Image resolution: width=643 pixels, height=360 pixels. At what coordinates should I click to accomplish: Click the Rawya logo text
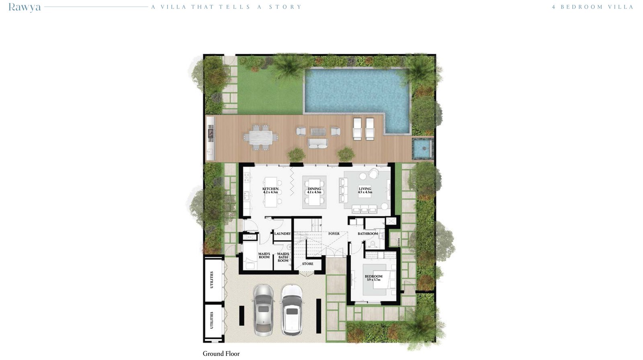tap(25, 7)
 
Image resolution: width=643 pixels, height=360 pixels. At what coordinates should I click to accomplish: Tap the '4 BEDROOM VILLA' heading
tap(592, 7)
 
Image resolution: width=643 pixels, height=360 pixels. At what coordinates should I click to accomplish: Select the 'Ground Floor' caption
tap(221, 354)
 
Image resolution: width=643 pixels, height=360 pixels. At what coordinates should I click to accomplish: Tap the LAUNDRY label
tap(283, 234)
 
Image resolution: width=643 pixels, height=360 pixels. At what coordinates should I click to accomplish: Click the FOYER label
tap(334, 234)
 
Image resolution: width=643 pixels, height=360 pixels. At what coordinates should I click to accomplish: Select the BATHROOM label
tap(368, 234)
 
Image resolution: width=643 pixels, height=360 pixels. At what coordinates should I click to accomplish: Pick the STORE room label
tap(308, 264)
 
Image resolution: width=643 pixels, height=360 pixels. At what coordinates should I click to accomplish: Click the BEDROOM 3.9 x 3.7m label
tap(373, 278)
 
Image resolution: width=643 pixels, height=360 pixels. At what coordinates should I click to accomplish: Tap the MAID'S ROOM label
tap(264, 256)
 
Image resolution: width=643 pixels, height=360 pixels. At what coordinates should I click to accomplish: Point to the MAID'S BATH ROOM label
tap(283, 257)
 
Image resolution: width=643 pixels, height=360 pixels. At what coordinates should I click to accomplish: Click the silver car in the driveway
tap(263, 310)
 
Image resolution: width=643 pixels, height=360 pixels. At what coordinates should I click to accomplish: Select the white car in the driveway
tap(292, 310)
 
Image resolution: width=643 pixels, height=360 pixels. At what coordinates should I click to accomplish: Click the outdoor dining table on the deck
tap(261, 137)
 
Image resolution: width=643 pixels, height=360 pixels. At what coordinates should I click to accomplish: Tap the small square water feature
tap(422, 148)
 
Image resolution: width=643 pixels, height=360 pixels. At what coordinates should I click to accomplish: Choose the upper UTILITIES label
tap(212, 280)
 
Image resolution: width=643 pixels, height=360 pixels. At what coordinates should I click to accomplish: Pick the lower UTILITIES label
tap(212, 320)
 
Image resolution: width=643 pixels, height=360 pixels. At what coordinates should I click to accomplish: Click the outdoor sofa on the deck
tap(318, 143)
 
